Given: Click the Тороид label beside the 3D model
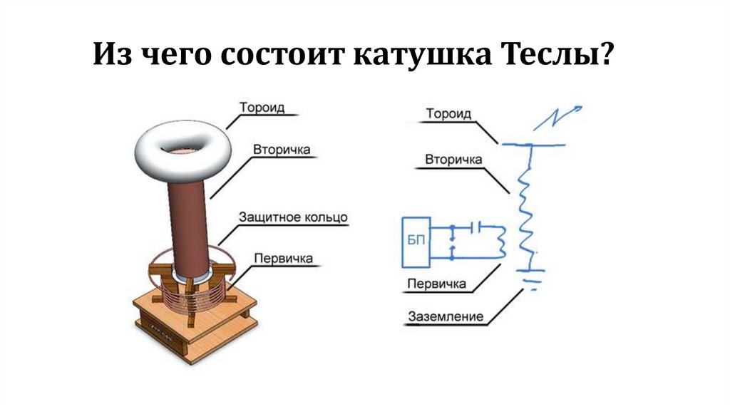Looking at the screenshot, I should click(262, 108).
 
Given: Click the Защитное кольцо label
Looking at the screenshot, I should click(293, 216).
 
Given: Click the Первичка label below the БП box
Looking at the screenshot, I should click(436, 284).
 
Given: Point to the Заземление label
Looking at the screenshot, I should click(446, 316).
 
